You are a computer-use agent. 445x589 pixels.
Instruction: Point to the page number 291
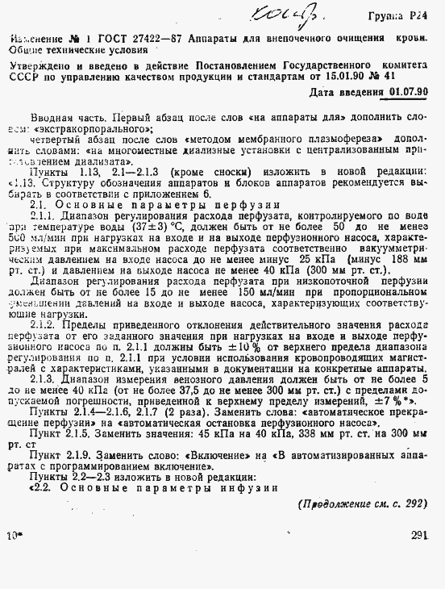[418, 558]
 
